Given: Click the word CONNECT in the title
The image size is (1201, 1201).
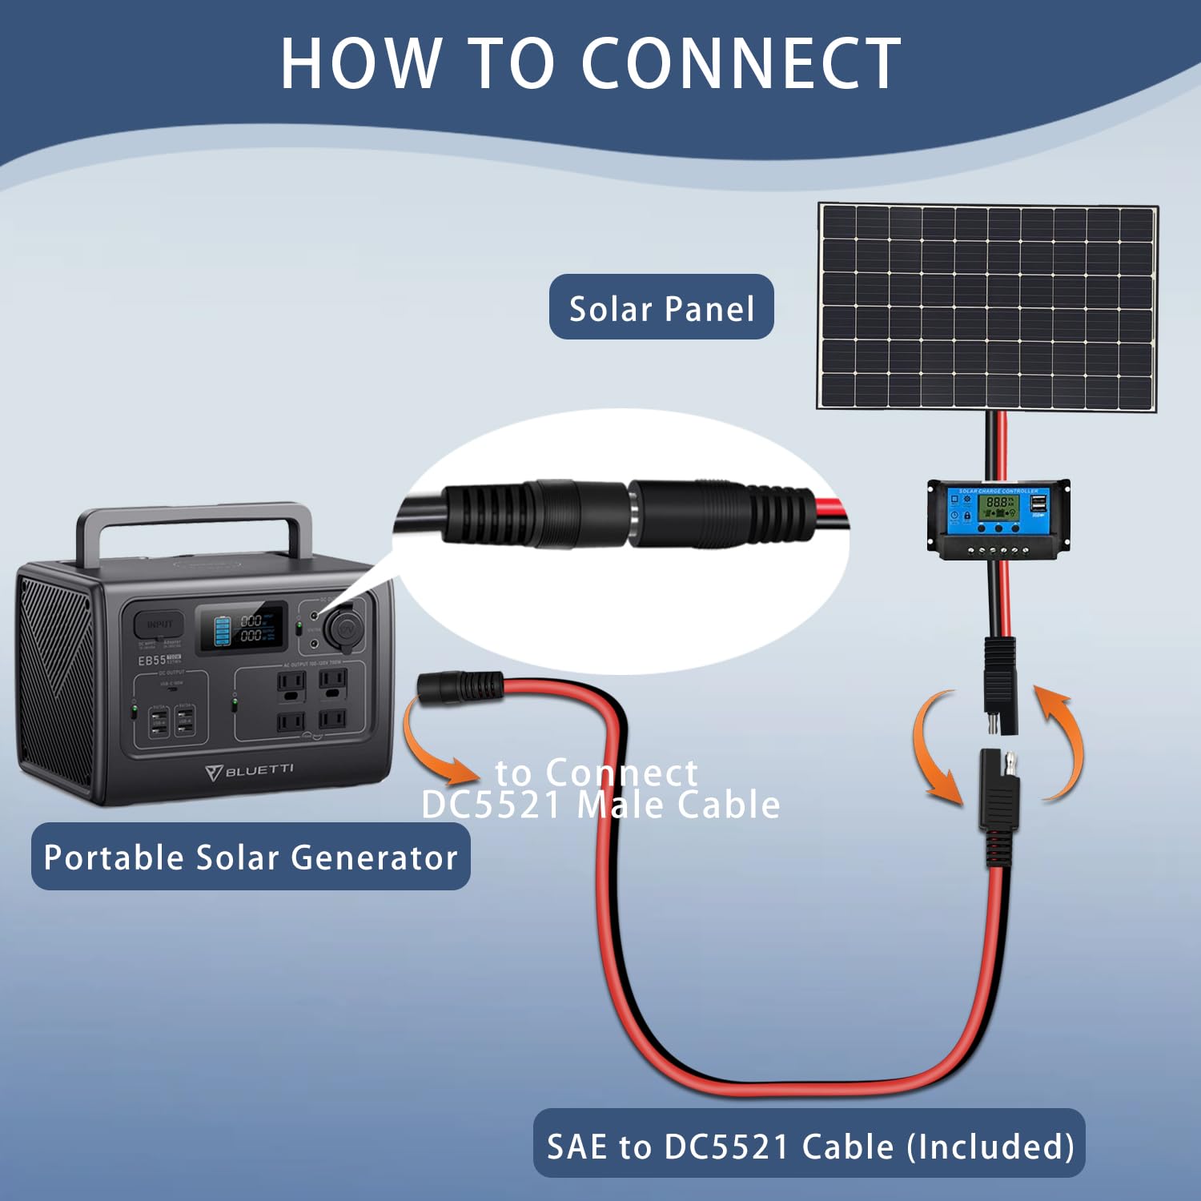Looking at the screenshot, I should click(741, 64).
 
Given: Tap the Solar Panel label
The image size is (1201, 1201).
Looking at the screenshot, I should click(661, 307).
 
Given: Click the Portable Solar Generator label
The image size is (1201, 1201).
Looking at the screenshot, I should click(251, 857).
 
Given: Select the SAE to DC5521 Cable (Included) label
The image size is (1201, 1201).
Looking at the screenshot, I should click(809, 1146).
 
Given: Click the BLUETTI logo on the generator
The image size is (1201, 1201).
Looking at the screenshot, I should click(251, 771).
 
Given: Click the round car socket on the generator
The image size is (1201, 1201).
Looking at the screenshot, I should click(346, 628).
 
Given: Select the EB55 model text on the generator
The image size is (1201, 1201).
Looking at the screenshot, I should click(152, 661).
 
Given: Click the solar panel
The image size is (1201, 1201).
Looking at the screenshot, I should click(987, 307).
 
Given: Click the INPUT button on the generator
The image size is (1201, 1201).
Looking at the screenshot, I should click(159, 624).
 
